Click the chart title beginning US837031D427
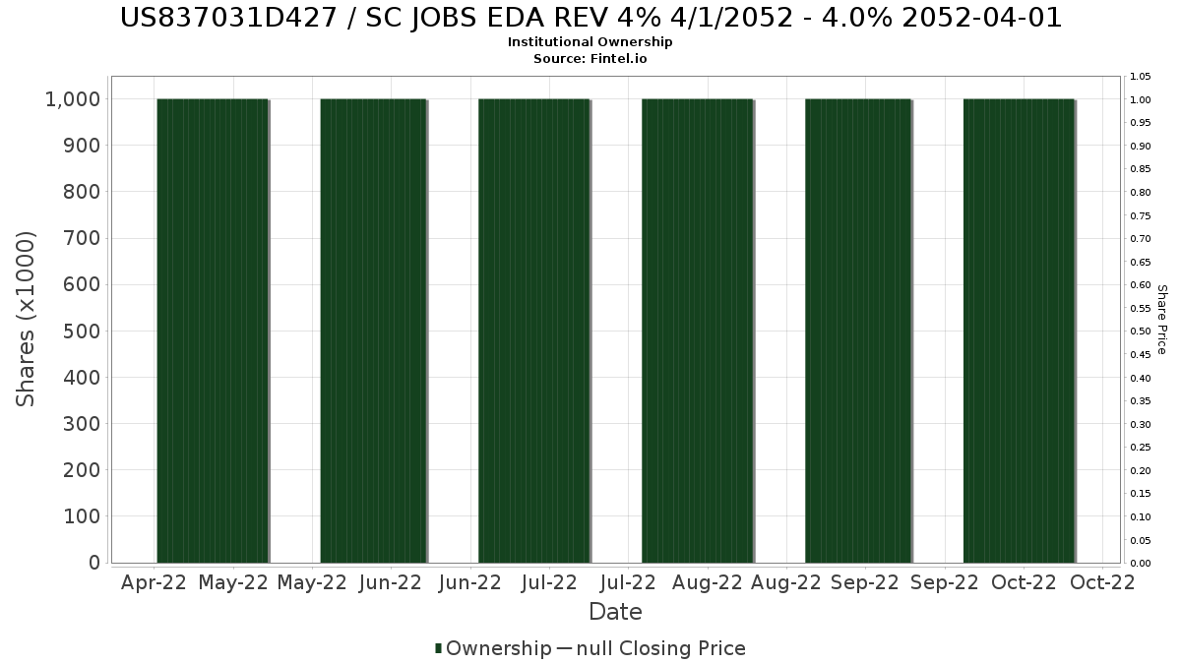590,18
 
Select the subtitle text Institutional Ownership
590,42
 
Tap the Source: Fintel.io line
590,58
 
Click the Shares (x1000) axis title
26,319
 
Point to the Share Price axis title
1162,320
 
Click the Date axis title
615,612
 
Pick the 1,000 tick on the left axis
73,99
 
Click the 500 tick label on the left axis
82,332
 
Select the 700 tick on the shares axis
82,238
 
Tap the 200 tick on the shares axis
82,470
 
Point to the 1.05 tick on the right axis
1141,77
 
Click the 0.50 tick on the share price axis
1141,332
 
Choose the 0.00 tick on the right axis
1141,564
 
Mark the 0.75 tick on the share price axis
1141,216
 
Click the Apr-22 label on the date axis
154,582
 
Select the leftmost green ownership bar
213,331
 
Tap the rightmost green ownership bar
1020,331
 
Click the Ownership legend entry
499,648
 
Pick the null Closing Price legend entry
661,648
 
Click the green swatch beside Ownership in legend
438,648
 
